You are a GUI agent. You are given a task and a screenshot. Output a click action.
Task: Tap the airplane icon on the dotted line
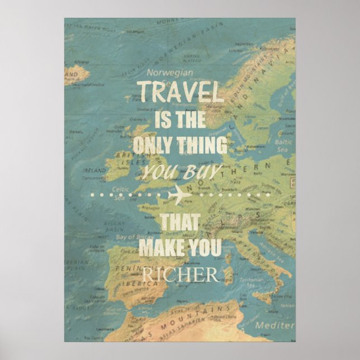(x=179, y=195)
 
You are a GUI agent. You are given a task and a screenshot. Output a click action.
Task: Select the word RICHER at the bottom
(x=179, y=274)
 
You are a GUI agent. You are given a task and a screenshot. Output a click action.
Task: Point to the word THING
(x=205, y=145)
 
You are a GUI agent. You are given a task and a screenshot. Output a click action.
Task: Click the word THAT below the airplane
(x=181, y=222)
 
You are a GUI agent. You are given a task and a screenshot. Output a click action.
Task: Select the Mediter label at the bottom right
(x=274, y=325)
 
